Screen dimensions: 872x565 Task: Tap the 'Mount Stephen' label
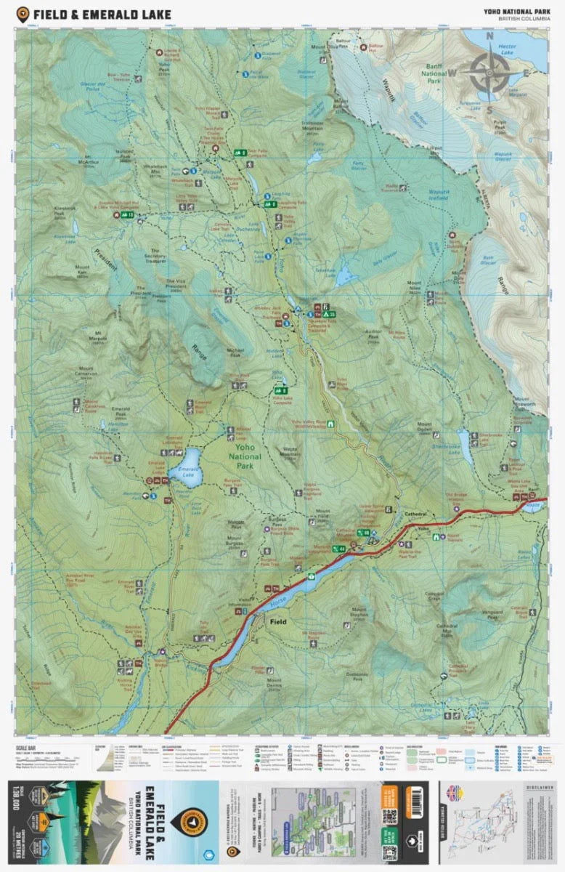pos(360,613)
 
